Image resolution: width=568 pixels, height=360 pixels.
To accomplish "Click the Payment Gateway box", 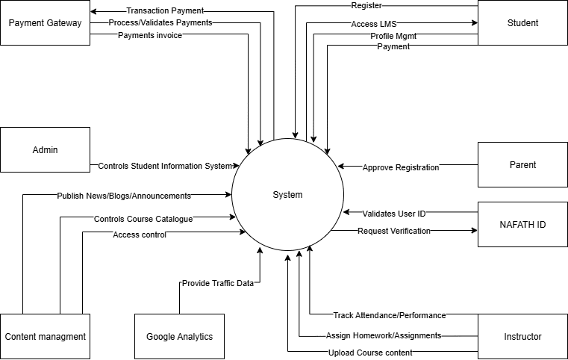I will click(x=45, y=22).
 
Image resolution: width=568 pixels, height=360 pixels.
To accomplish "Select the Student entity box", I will click(x=522, y=22).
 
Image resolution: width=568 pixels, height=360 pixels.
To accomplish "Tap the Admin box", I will click(x=45, y=149).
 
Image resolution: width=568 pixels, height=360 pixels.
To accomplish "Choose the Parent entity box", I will click(x=522, y=164).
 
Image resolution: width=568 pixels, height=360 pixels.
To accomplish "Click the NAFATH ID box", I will click(x=522, y=224).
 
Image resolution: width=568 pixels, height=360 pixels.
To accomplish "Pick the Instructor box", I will click(x=522, y=337).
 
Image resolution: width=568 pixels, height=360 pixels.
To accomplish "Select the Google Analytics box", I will click(x=179, y=337).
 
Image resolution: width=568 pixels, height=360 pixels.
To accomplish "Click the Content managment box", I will click(x=45, y=337).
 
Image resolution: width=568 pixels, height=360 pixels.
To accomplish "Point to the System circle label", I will click(x=287, y=195).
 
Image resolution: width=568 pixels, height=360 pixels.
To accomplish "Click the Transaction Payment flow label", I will click(x=165, y=11).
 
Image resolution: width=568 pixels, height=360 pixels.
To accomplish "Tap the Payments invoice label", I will click(x=150, y=35).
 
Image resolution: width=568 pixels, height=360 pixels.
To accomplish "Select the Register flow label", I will click(x=366, y=5).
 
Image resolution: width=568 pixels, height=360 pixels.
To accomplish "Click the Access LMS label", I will click(x=375, y=24).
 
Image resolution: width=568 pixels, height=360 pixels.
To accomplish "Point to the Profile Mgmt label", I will click(x=393, y=36).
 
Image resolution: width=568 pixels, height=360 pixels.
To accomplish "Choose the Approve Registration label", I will click(x=401, y=167).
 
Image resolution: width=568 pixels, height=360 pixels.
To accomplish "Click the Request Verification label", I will click(x=394, y=231).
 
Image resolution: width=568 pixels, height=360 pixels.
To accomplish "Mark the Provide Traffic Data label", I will click(x=218, y=283).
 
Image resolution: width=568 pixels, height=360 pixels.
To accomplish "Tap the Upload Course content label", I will click(x=370, y=353).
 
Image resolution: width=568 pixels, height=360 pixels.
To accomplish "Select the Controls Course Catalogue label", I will click(x=143, y=219).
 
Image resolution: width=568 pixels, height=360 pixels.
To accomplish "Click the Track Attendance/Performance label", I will click(x=390, y=315).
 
